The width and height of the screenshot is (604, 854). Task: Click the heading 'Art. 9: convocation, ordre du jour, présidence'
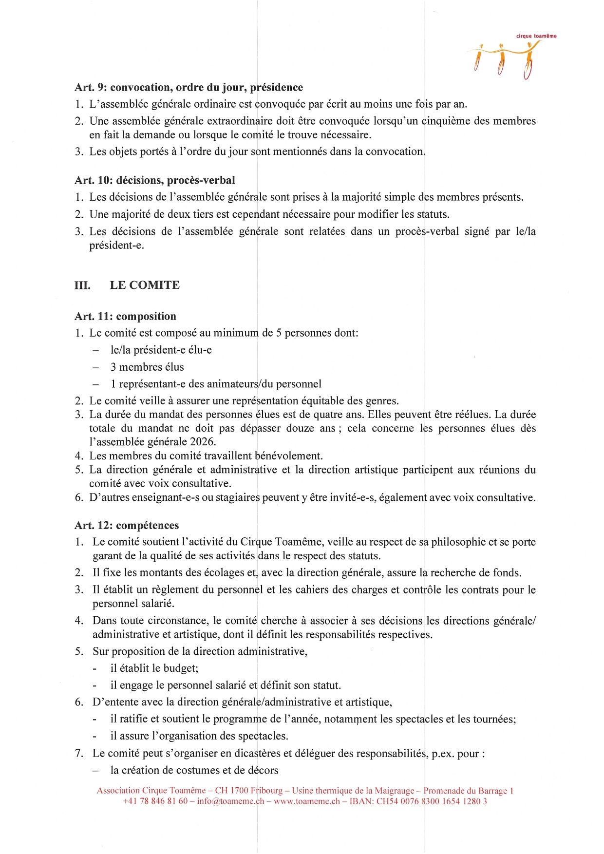[x=189, y=87]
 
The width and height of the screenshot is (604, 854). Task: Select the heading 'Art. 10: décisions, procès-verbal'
[x=154, y=180]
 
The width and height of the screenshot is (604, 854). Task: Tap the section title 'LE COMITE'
[x=145, y=285]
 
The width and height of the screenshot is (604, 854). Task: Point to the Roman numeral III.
[x=82, y=285]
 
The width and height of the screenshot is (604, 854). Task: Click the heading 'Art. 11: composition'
[x=125, y=316]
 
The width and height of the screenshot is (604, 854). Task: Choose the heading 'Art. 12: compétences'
[x=127, y=525]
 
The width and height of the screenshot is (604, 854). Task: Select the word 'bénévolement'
[x=288, y=456]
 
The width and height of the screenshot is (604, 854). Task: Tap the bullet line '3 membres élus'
[x=147, y=367]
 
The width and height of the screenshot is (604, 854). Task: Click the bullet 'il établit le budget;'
[x=154, y=668]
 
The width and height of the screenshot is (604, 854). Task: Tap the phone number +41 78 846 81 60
[x=155, y=801]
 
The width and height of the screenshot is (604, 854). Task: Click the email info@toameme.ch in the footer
[x=230, y=801]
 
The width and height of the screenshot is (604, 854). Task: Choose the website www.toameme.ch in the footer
[x=306, y=801]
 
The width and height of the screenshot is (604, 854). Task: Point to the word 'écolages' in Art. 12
[x=224, y=572]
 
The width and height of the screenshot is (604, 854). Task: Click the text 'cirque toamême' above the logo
[x=536, y=36]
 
